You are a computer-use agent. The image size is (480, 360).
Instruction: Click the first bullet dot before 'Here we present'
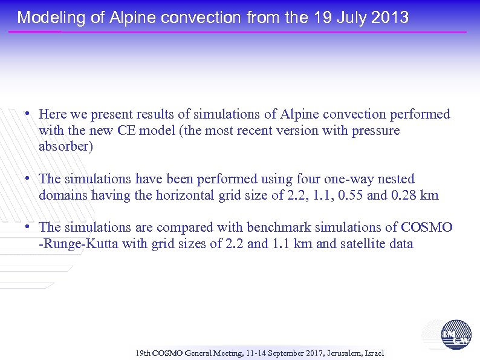coord(28,114)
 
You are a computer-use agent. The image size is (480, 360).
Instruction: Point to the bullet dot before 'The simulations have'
coord(28,179)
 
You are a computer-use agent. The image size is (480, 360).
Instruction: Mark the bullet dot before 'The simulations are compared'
coord(28,227)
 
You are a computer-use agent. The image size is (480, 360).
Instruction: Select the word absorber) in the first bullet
coord(65,147)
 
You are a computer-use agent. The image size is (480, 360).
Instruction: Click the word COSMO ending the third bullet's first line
coord(426,227)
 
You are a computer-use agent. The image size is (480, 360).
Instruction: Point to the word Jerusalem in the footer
coord(342,353)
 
